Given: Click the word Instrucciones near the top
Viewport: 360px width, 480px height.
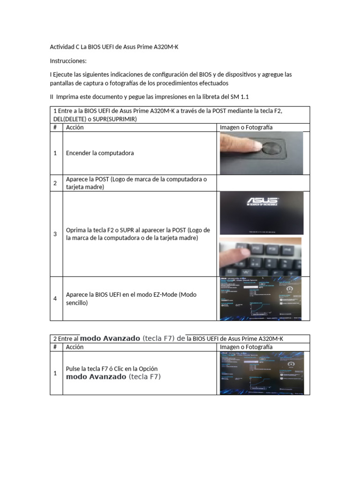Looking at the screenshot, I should point(68,61).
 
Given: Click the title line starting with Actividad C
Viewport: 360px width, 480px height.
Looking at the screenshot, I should point(114,47).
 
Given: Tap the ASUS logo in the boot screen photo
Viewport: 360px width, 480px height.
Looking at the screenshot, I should point(262,202).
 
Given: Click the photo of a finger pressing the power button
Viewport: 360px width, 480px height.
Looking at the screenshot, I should point(261,153).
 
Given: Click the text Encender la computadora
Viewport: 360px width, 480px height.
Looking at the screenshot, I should point(100,153).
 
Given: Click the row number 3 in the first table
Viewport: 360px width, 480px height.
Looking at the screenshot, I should point(55,234).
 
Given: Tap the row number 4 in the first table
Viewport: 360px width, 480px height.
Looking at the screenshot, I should point(55,299).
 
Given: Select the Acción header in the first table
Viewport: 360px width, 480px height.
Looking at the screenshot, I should point(75,127).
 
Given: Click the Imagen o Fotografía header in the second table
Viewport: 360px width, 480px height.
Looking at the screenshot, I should point(246,347).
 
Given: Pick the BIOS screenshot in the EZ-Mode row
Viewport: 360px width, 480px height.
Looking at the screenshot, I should point(261,299).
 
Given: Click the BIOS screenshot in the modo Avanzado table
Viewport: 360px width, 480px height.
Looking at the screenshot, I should point(261,373).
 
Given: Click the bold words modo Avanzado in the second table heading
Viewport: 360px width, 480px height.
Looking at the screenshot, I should point(110,338).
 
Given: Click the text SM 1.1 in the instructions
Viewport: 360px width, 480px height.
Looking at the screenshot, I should point(240,97).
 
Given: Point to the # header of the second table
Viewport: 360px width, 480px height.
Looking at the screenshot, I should point(55,347).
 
